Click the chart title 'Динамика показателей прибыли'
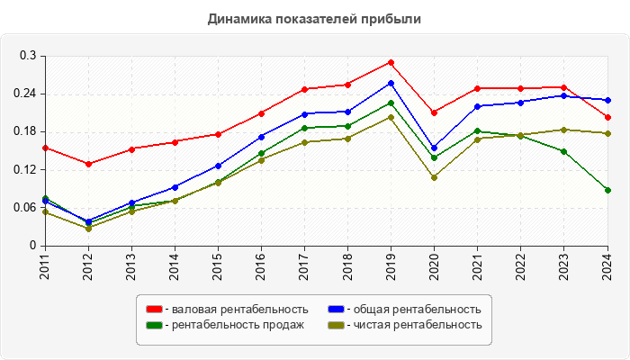[x=314, y=18]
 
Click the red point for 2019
[x=391, y=62]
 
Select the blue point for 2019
[x=391, y=83]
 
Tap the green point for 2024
[x=607, y=190]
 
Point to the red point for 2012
[x=88, y=164]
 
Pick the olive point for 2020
[x=434, y=177]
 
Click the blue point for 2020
[x=434, y=148]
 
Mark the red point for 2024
[x=607, y=117]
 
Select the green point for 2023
[x=563, y=151]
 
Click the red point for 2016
[x=261, y=113]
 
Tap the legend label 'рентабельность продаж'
[x=238, y=325]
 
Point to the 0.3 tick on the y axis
[x=27, y=56]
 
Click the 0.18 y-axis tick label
[x=23, y=131]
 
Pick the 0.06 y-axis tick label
[x=23, y=208]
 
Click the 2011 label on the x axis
[x=45, y=268]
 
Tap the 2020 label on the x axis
[x=435, y=268]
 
